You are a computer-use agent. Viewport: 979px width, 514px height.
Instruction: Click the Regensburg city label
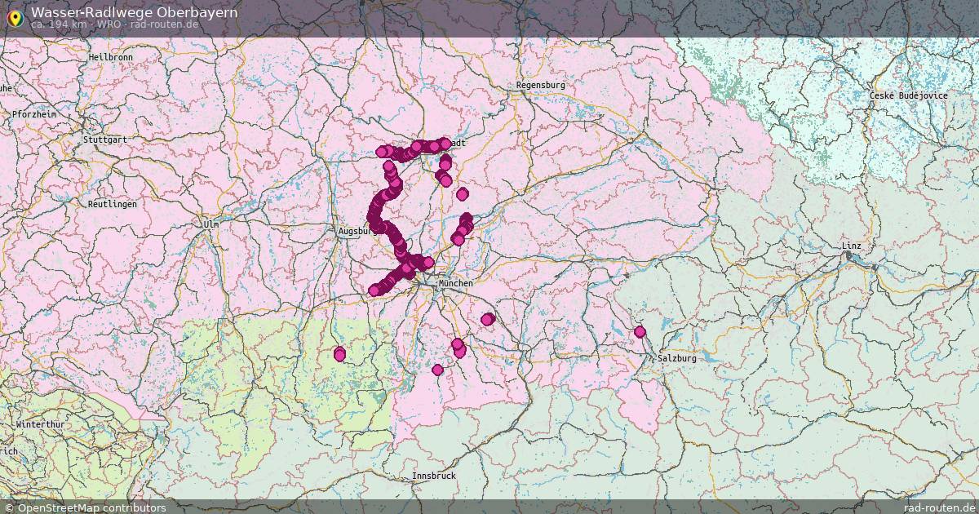(x=540, y=85)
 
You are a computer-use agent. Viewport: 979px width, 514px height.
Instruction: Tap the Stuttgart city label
(x=104, y=140)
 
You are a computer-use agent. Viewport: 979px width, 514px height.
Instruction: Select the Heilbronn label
(x=110, y=58)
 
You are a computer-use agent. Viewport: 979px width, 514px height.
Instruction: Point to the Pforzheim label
(x=34, y=114)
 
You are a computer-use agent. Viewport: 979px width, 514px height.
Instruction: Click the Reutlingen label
(x=113, y=204)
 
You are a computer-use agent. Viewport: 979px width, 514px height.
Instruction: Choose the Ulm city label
(x=211, y=223)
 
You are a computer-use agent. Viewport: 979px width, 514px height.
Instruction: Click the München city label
(x=455, y=283)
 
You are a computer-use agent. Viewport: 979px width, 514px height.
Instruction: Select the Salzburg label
(x=677, y=358)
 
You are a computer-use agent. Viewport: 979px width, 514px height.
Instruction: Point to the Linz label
(x=851, y=246)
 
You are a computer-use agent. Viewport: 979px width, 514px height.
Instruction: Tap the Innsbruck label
(x=434, y=476)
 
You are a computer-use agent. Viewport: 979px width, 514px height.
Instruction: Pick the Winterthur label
(x=41, y=425)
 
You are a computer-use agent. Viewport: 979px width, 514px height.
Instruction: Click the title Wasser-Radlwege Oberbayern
(x=135, y=12)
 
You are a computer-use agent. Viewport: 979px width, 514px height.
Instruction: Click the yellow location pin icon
(x=15, y=17)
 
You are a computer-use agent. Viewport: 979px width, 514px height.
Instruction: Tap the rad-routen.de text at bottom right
(x=939, y=507)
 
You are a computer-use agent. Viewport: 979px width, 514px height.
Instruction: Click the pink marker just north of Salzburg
(x=640, y=332)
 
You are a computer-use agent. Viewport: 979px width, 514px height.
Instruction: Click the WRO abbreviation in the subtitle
(x=109, y=24)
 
